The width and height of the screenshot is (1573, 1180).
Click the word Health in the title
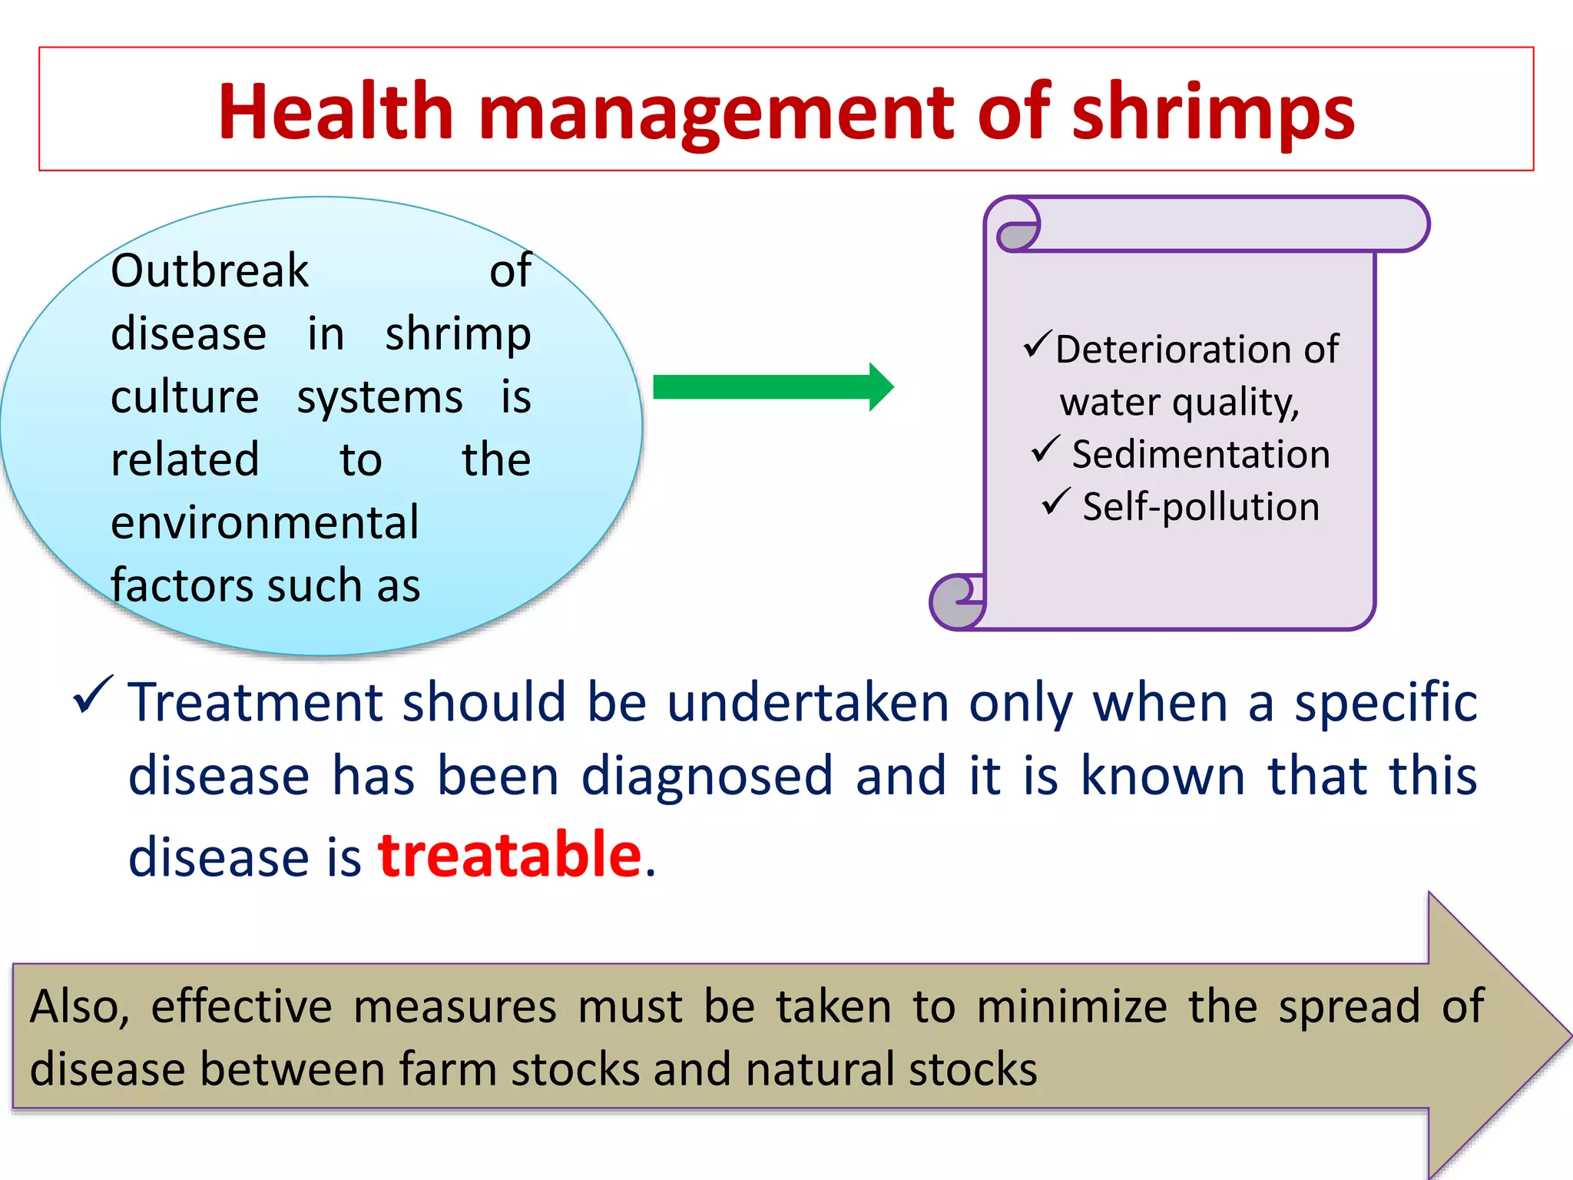[336, 112]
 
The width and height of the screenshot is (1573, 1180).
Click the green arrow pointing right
[772, 386]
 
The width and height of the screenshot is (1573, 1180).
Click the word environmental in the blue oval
[265, 522]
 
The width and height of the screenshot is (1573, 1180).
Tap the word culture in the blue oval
[184, 397]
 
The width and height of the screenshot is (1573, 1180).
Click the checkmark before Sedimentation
[1045, 449]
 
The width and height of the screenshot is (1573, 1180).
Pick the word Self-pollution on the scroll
[1200, 507]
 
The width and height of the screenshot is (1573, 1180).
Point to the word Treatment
[255, 702]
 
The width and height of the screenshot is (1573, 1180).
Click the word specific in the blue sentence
[1385, 702]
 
